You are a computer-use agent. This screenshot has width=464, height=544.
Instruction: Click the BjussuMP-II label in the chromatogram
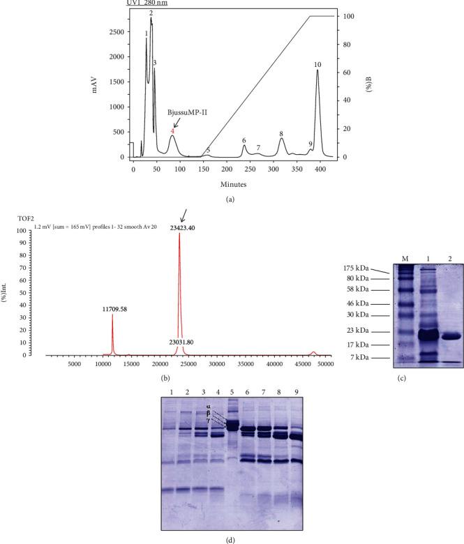coord(186,112)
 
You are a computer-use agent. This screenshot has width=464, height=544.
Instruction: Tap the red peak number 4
coord(172,130)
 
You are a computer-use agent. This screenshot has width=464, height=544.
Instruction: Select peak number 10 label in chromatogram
coord(317,64)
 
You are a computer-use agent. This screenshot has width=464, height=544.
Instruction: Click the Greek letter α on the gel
coord(207,405)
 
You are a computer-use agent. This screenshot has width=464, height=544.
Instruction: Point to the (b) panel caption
coord(165,377)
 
